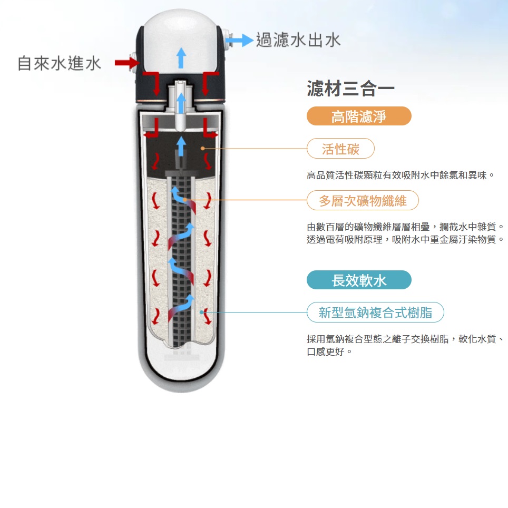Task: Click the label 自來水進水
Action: [60, 63]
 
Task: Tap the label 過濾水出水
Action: [298, 40]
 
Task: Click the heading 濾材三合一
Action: [350, 89]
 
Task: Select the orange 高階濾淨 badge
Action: [359, 116]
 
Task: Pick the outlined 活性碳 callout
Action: [340, 149]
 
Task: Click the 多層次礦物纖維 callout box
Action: [363, 201]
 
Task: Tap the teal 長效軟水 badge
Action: [359, 280]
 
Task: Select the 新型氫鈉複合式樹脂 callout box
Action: [375, 312]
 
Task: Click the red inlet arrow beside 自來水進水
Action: [127, 63]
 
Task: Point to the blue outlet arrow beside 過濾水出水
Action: [239, 41]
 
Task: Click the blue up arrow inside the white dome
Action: [181, 58]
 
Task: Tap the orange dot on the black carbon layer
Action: [202, 149]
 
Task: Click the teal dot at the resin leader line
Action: [201, 312]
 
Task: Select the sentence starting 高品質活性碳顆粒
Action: [400, 175]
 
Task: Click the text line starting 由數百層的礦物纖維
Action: [405, 227]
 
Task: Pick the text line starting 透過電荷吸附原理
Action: [405, 239]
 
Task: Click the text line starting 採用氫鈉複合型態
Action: [405, 339]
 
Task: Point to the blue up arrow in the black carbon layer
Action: [181, 146]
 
